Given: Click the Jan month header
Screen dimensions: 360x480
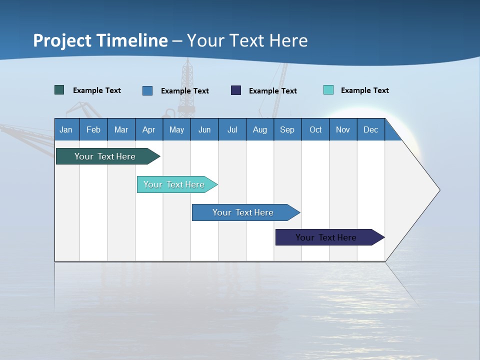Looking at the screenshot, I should pyautogui.click(x=66, y=129).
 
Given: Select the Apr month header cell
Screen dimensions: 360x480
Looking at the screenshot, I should pyautogui.click(x=148, y=129).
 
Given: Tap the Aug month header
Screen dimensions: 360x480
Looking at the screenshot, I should pyautogui.click(x=259, y=129).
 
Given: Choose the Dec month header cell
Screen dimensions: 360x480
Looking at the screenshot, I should pyautogui.click(x=370, y=129).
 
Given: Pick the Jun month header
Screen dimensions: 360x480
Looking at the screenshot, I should pyautogui.click(x=204, y=129).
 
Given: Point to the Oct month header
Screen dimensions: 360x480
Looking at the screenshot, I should pyautogui.click(x=315, y=129).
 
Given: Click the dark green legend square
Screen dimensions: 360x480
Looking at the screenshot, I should pyautogui.click(x=59, y=90).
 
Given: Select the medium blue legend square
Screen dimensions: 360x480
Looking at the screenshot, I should pyautogui.click(x=147, y=90).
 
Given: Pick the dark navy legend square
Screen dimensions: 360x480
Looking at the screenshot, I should pyautogui.click(x=236, y=90).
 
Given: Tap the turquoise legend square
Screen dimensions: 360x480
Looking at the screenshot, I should pyautogui.click(x=328, y=90).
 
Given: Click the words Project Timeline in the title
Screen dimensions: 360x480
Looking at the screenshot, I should pyautogui.click(x=100, y=40).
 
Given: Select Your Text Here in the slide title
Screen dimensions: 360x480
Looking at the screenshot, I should pyautogui.click(x=247, y=40).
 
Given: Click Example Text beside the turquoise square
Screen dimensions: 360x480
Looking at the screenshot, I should pyautogui.click(x=364, y=90).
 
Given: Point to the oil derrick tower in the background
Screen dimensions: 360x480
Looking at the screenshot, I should pyautogui.click(x=186, y=87).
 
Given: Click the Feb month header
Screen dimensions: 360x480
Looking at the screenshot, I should pyautogui.click(x=93, y=129).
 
